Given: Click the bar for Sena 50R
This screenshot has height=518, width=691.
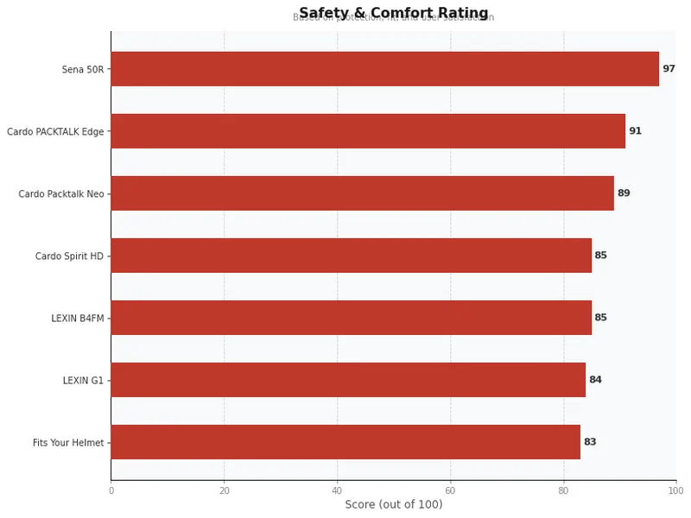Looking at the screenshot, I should point(384,69).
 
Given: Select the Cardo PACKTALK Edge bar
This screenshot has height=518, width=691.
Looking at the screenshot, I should point(368,131).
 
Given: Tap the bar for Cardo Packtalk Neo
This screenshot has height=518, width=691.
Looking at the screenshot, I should point(362,193).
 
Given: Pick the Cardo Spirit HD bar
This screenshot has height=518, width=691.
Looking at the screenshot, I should point(351,256).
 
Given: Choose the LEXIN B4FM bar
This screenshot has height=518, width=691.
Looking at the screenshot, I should point(351,318).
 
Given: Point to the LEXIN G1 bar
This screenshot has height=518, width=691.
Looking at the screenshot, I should point(348,380).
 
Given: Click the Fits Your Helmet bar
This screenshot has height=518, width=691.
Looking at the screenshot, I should point(345,442).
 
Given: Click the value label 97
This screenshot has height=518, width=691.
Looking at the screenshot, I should point(669,69).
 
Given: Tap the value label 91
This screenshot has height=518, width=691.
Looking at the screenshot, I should point(635,131).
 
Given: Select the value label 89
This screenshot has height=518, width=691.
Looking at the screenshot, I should point(624,193).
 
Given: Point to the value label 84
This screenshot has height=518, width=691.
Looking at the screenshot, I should point(595,380).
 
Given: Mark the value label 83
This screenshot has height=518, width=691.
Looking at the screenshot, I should point(590,442).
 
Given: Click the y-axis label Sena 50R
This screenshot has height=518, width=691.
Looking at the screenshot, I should point(83,70).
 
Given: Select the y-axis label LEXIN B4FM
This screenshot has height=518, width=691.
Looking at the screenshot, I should point(78,319).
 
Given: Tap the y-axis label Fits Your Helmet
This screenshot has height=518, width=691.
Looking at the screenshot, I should point(68,443).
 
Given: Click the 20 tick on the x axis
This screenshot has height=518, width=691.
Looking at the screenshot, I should point(225,490).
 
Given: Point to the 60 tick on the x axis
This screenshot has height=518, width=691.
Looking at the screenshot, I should point(451,490).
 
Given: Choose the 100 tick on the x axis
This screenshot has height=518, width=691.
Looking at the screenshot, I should point(675,490).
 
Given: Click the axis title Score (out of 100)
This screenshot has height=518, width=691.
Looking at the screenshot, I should point(394,504).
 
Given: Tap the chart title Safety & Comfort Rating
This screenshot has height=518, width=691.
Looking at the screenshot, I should point(394,13).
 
